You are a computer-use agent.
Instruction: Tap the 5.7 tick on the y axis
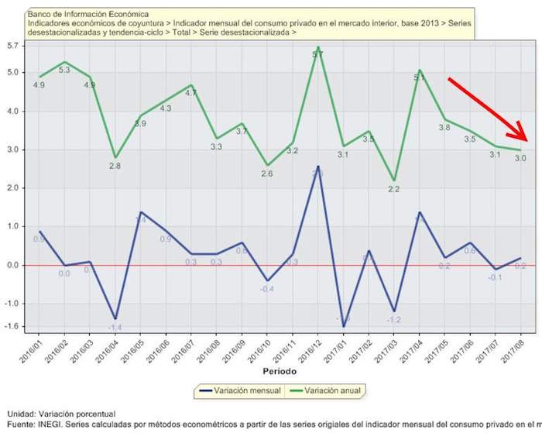(x=12, y=46)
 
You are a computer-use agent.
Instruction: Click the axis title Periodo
(x=273, y=373)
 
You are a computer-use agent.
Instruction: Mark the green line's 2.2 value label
(x=393, y=189)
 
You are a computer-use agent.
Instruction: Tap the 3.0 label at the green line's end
(x=520, y=159)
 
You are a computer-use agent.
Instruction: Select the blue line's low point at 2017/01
(x=343, y=326)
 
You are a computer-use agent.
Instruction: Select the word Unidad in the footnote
(x=21, y=414)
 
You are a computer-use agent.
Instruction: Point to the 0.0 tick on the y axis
(x=12, y=265)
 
